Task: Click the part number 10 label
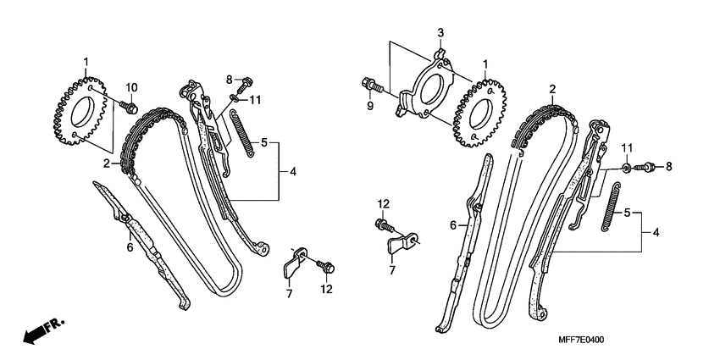point(131,87)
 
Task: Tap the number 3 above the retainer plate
point(440,32)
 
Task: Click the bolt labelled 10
point(130,107)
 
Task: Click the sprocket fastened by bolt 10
point(77,114)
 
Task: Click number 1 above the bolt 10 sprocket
point(86,62)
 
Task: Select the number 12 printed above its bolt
point(383,203)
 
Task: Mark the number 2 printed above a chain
point(551,89)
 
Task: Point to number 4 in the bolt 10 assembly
point(292,172)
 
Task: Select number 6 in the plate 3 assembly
point(452,224)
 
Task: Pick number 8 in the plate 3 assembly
point(667,167)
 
